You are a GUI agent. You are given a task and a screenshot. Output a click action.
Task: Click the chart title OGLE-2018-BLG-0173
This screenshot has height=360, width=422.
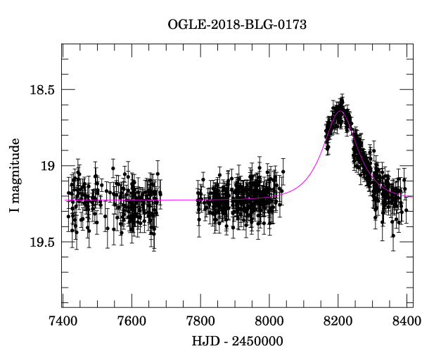(x=237, y=25)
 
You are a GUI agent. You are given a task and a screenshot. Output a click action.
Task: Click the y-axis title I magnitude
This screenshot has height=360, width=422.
(x=15, y=176)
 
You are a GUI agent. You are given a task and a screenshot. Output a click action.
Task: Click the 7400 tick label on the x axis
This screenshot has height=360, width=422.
(x=63, y=321)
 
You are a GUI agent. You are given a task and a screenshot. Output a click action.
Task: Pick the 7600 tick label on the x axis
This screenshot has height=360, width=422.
(x=132, y=321)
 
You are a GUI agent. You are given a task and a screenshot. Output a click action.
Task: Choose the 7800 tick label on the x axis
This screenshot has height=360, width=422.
(x=200, y=321)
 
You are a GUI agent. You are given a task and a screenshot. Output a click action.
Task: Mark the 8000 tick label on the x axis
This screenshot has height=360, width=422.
(x=269, y=321)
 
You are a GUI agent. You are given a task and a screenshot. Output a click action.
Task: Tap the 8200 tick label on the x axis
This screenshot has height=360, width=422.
(x=338, y=321)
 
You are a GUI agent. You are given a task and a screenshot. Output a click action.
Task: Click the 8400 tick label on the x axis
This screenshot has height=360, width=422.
(x=407, y=321)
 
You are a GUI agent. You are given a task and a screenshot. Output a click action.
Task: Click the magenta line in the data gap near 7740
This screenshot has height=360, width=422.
(x=179, y=200)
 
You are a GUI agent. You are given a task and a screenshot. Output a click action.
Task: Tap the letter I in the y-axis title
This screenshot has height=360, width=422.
(x=15, y=212)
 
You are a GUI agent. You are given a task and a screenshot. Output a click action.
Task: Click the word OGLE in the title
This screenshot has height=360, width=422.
(x=184, y=25)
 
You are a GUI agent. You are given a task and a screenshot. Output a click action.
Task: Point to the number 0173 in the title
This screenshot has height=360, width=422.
(x=293, y=25)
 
